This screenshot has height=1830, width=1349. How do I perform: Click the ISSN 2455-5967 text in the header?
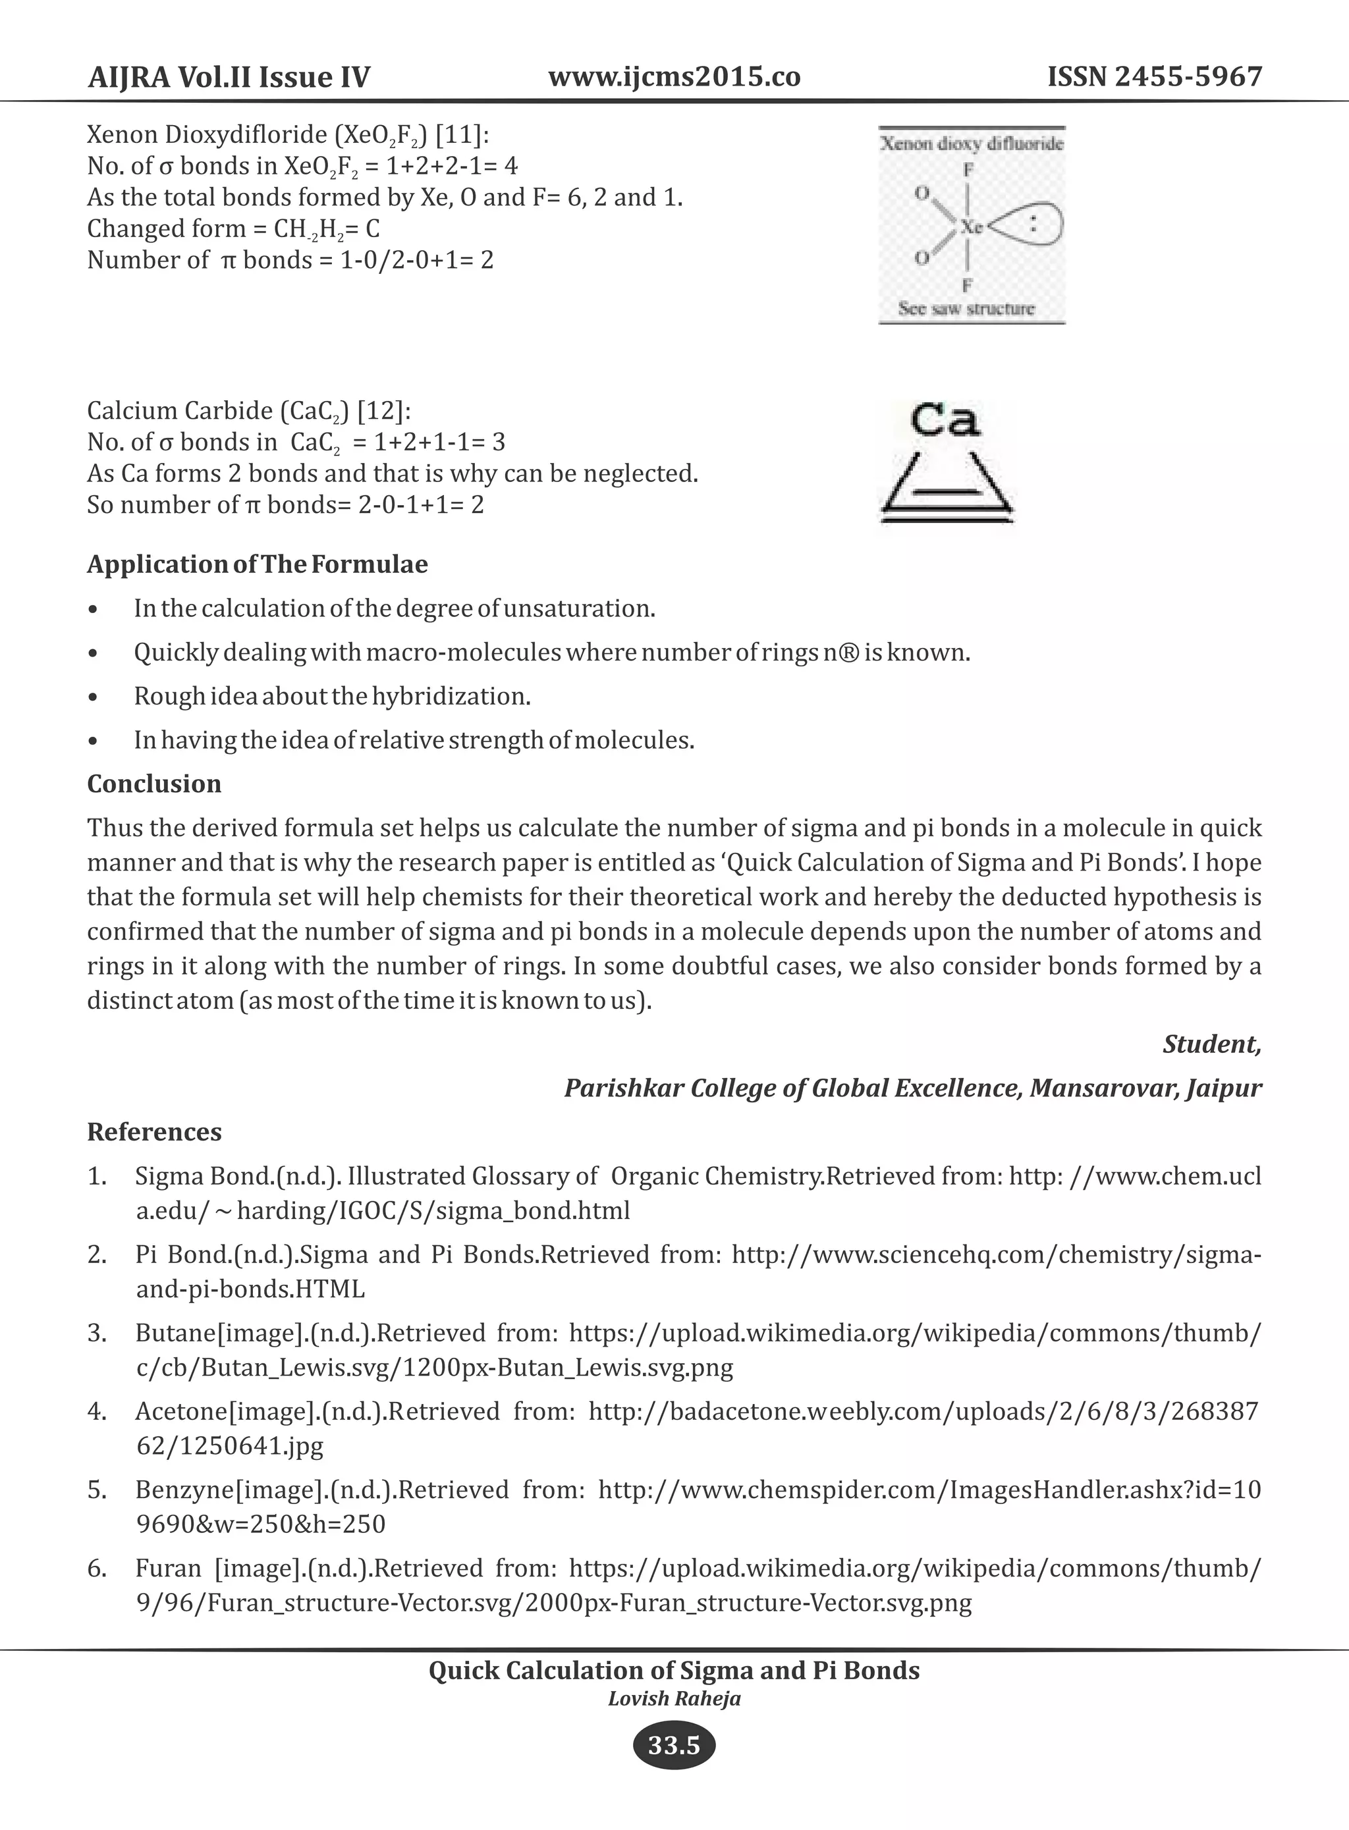coord(1155,77)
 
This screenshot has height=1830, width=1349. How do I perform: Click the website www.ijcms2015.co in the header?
coord(674,77)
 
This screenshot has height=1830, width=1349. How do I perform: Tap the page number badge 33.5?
coord(674,1746)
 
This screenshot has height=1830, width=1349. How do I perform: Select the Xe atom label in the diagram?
coord(971,227)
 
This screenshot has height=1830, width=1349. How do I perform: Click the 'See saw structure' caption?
coord(966,309)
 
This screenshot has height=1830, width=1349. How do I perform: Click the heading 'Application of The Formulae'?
coord(258,564)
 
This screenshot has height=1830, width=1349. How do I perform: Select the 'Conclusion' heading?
coord(154,784)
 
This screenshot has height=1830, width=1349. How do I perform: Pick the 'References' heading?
coord(154,1132)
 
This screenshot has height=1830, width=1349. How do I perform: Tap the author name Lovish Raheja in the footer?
coord(674,1698)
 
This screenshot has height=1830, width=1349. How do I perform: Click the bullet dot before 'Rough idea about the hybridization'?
coord(96,698)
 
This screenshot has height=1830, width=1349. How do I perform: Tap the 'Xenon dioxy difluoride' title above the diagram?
coord(971,144)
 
